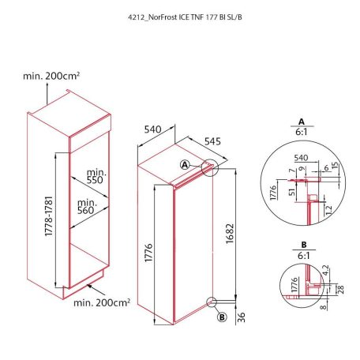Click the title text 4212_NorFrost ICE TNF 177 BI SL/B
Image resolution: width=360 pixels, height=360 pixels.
click(x=180, y=16)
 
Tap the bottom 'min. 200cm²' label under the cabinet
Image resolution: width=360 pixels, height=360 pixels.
click(x=102, y=302)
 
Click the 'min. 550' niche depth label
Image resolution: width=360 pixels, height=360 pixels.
click(x=96, y=177)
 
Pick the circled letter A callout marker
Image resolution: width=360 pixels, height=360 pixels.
click(x=184, y=165)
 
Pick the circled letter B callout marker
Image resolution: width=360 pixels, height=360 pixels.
click(x=222, y=317)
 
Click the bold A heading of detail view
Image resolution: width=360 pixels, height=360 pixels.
click(x=302, y=122)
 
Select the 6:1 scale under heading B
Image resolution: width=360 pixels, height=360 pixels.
click(x=302, y=257)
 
